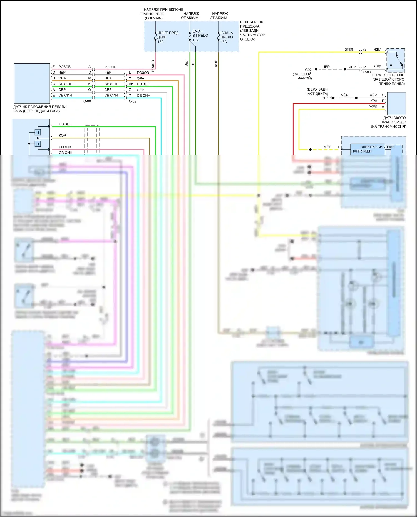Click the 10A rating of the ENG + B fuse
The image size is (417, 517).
coord(196,40)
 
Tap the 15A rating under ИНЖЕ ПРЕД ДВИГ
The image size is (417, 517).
coord(161,42)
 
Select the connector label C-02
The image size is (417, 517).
coord(133,101)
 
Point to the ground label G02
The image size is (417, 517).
coord(308,70)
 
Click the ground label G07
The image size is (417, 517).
coord(325,98)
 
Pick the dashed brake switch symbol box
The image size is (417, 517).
coord(396,60)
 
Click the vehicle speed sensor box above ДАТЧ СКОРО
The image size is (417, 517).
coord(396,103)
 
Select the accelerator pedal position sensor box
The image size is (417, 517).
coord(32,83)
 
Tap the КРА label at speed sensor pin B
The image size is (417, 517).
coord(374,101)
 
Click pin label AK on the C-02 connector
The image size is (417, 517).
coord(131,84)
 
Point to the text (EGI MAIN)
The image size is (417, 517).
coord(153,18)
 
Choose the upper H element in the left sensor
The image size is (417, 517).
coord(38,133)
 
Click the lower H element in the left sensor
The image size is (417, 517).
coord(38,144)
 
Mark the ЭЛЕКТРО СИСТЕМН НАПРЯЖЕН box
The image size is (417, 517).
coord(368,149)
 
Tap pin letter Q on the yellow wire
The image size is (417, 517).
coord(365,50)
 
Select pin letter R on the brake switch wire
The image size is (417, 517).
coord(365,67)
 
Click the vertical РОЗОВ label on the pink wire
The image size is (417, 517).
coord(153,66)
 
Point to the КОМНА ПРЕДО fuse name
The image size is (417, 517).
coord(227,35)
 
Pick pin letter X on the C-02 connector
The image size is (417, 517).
coord(130,95)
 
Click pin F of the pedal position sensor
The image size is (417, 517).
coord(54,67)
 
